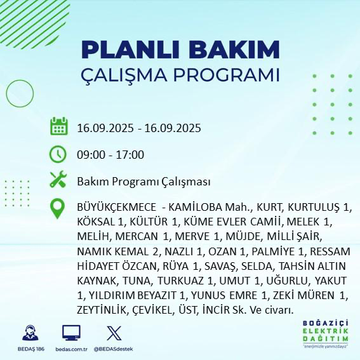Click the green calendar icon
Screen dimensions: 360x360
tap(58, 126)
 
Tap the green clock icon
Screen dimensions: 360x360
tap(58, 154)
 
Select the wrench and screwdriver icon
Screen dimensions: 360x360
tap(58, 181)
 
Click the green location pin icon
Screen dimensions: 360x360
tap(58, 209)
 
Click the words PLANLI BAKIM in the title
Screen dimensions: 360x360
tap(180, 49)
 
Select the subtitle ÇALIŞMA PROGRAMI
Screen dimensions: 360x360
tap(180, 74)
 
